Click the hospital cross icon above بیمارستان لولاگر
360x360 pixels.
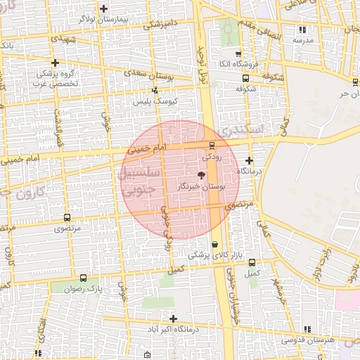click(x=104, y=8)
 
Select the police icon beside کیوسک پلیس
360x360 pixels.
click(x=155, y=90)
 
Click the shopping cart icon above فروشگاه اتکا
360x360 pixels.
click(x=238, y=53)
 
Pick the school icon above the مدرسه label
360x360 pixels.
click(x=302, y=30)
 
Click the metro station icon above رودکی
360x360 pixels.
click(x=212, y=146)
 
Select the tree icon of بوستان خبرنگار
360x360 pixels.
click(x=202, y=175)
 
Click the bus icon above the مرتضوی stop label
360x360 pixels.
click(x=67, y=218)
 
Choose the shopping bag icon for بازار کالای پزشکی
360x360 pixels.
click(x=214, y=244)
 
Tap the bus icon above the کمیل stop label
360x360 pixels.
click(x=252, y=262)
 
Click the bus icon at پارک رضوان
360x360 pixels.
click(x=84, y=278)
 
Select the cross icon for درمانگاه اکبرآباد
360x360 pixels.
click(x=173, y=318)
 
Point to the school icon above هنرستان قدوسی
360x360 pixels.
click(x=307, y=328)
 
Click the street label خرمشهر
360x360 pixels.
click(x=259, y=285)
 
